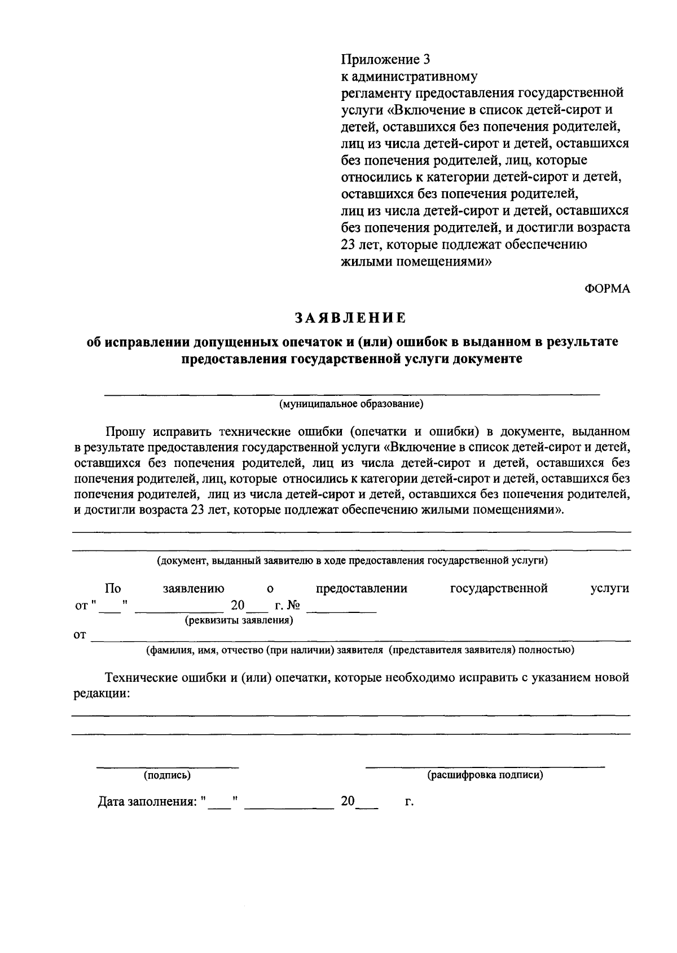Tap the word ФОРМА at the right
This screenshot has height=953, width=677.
coord(606,289)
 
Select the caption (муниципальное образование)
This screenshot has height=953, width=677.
coord(350,404)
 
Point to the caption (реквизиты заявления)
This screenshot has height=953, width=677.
coord(238,621)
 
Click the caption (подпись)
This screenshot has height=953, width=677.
coord(167,775)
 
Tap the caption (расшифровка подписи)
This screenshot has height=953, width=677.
coord(485,775)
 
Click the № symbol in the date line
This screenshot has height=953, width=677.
coord(293,606)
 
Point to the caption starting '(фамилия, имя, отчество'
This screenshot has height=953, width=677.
coord(360,650)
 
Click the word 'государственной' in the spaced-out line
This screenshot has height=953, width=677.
coord(499,589)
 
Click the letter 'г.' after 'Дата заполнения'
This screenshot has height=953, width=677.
coord(409,802)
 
